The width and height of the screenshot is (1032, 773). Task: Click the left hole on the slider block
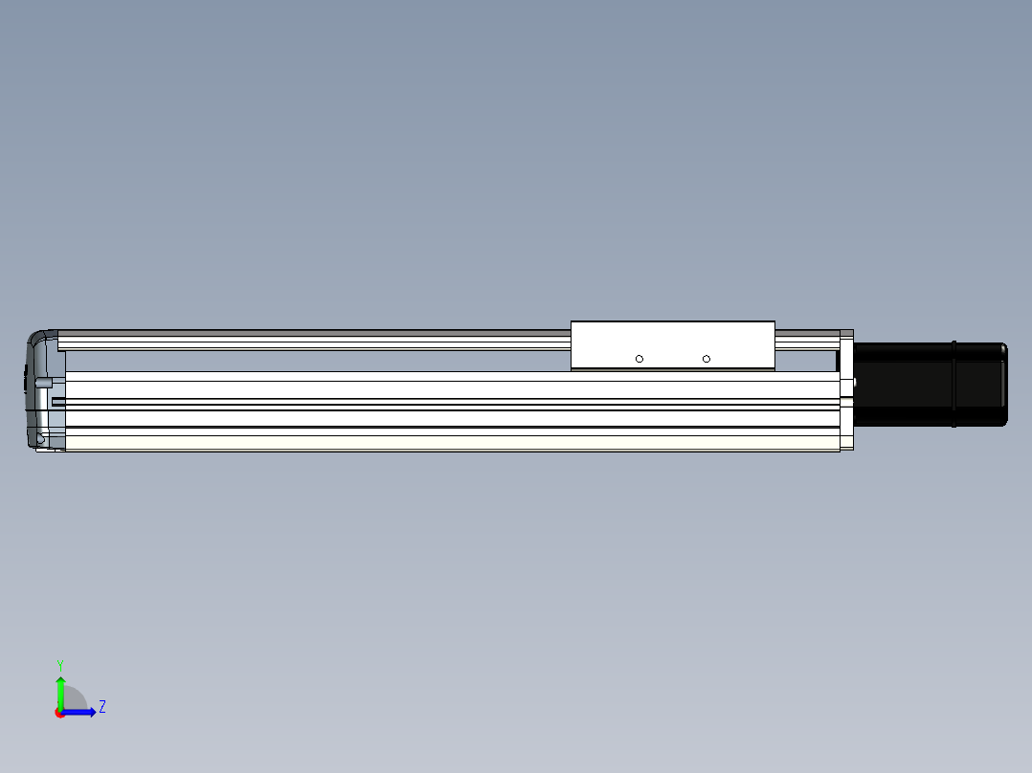tap(639, 359)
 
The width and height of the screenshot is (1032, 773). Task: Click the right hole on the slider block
tap(707, 359)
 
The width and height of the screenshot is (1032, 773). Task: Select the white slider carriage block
tap(673, 346)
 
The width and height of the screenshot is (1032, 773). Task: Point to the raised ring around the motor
tap(953, 385)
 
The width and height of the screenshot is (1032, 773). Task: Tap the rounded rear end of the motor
tap(1004, 385)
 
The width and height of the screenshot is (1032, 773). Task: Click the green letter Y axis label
tap(60, 666)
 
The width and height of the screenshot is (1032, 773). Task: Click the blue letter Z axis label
tap(102, 707)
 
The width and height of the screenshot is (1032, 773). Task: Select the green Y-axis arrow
tap(60, 694)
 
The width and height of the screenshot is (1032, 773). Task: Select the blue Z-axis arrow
tap(79, 712)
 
